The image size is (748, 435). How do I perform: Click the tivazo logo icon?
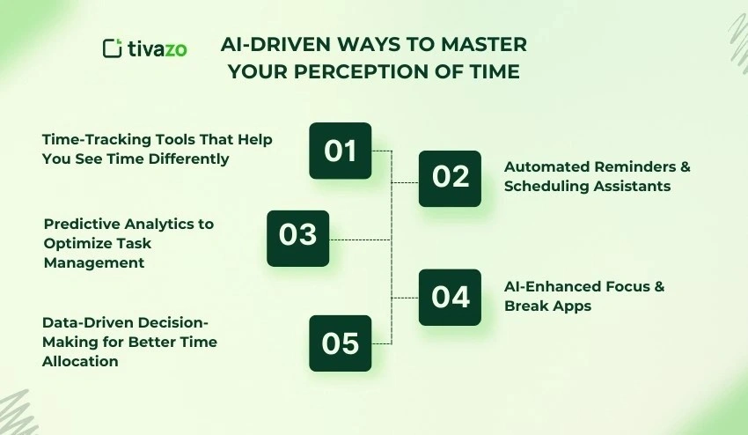coord(112,48)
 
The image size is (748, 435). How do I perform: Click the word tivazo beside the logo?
coord(156,48)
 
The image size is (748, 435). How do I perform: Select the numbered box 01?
coord(340,151)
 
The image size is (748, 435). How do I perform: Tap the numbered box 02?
coord(450,178)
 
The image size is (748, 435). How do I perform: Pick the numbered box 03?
coord(297,238)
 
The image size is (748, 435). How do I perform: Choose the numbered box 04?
coord(450,297)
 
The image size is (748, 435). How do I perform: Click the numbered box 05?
coord(340,343)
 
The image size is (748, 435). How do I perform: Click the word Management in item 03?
coord(94,262)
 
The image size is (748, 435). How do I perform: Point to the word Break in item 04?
coord(526,306)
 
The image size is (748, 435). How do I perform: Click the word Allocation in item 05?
coord(80,360)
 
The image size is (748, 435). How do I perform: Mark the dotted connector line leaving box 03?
coord(359,239)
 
